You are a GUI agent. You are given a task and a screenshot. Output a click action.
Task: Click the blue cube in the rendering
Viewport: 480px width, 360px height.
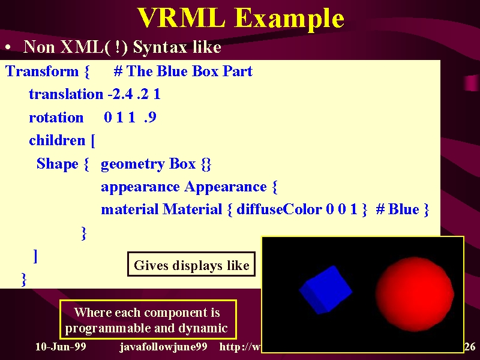point(325,290)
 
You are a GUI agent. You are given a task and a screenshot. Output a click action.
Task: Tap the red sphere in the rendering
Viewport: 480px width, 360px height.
point(415,294)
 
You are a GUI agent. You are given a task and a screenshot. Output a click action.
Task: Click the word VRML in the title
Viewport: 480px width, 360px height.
point(181,18)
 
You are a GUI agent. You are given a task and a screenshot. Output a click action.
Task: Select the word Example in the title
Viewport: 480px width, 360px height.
point(289,19)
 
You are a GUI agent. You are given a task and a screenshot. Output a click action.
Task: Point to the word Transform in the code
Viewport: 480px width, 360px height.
point(42,71)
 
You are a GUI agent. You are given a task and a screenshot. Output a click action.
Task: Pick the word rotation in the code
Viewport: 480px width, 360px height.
point(56,118)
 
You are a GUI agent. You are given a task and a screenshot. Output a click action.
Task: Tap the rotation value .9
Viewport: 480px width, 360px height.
point(150,117)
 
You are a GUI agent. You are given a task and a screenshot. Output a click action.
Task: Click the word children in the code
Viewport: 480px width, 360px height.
point(57,140)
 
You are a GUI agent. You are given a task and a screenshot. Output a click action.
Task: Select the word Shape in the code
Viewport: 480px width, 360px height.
point(58,164)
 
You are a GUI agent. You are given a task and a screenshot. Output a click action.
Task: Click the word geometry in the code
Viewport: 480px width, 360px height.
point(133,164)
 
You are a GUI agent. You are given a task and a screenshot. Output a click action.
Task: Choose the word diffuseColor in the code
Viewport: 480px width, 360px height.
point(279,209)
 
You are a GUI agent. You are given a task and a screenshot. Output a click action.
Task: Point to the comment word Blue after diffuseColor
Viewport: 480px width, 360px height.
point(403,209)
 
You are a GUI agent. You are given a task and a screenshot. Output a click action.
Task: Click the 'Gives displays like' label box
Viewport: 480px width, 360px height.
point(191,264)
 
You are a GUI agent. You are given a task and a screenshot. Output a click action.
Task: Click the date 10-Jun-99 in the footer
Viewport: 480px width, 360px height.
point(61,347)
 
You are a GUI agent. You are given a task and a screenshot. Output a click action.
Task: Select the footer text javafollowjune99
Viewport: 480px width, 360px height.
point(163,347)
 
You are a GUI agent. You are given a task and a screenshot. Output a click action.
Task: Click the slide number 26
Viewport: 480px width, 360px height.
point(470,347)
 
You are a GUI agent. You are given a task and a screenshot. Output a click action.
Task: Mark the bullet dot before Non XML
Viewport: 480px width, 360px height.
point(8,47)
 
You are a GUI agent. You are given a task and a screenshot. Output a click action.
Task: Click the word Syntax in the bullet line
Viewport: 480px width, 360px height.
point(160,48)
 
